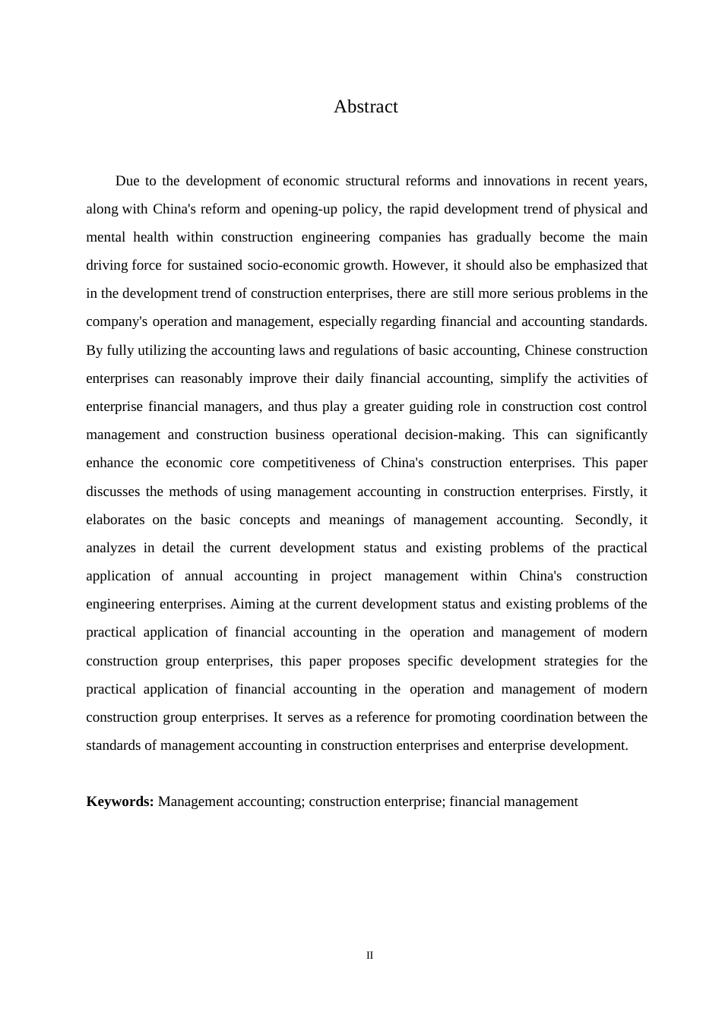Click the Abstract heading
pos(366,107)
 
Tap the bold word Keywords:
pos(120,801)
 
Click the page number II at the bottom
pos(369,956)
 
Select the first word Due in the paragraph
pos(127,181)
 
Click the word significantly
pos(611,435)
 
